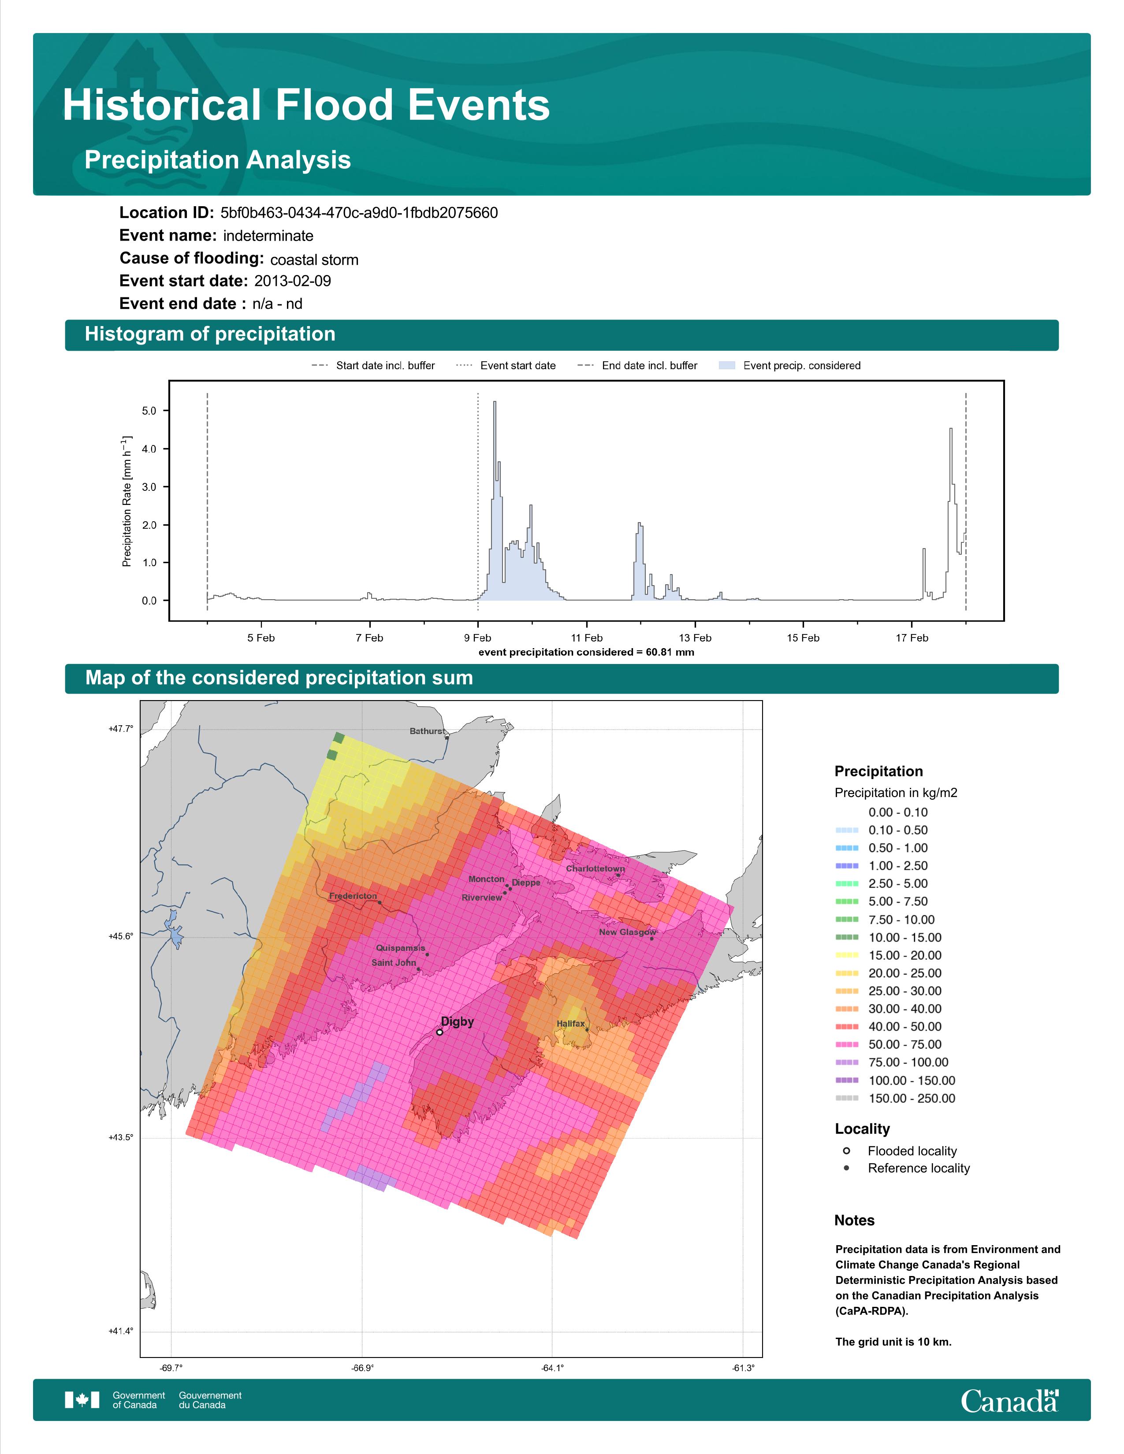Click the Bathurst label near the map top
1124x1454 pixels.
(427, 731)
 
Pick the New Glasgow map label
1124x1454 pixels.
(627, 932)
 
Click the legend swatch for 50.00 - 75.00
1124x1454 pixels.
(846, 1045)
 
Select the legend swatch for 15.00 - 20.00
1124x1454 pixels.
(846, 955)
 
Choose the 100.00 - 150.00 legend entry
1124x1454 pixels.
(895, 1080)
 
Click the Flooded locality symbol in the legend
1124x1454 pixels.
(846, 1150)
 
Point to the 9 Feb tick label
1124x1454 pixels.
(477, 638)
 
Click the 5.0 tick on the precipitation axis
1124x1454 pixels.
(149, 411)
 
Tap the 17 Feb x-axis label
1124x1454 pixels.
(912, 638)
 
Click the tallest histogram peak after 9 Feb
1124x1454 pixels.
(495, 402)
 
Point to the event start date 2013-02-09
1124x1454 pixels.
(292, 281)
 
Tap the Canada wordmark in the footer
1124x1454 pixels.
(1009, 1400)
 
